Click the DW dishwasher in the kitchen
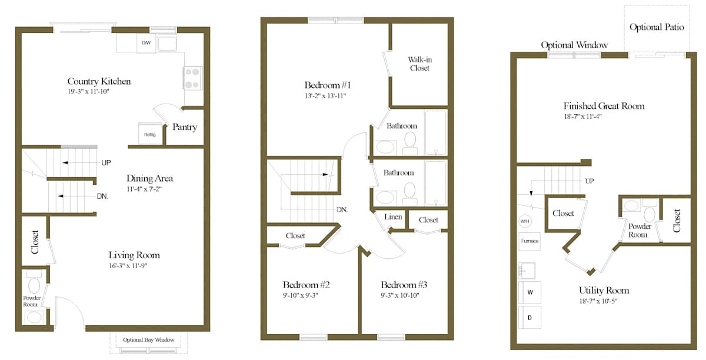pyautogui.click(x=146, y=43)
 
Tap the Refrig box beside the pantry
pyautogui.click(x=149, y=134)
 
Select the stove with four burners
pyautogui.click(x=192, y=78)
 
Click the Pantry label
pyautogui.click(x=185, y=127)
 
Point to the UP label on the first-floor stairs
pyautogui.click(x=106, y=163)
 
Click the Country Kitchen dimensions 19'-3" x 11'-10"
pyautogui.click(x=88, y=92)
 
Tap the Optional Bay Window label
pyautogui.click(x=148, y=339)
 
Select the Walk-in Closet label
pyautogui.click(x=420, y=64)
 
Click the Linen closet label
pyautogui.click(x=393, y=217)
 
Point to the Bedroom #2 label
pyautogui.click(x=306, y=285)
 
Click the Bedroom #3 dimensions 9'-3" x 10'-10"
pyautogui.click(x=400, y=295)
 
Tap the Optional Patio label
pyautogui.click(x=657, y=28)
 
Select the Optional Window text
pyautogui.click(x=574, y=45)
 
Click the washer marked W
pyautogui.click(x=530, y=292)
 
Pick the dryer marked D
pyautogui.click(x=530, y=318)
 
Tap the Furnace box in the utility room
pyautogui.click(x=529, y=241)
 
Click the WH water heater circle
pyautogui.click(x=525, y=221)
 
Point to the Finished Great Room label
pyautogui.click(x=604, y=106)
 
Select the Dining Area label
pyautogui.click(x=149, y=178)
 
